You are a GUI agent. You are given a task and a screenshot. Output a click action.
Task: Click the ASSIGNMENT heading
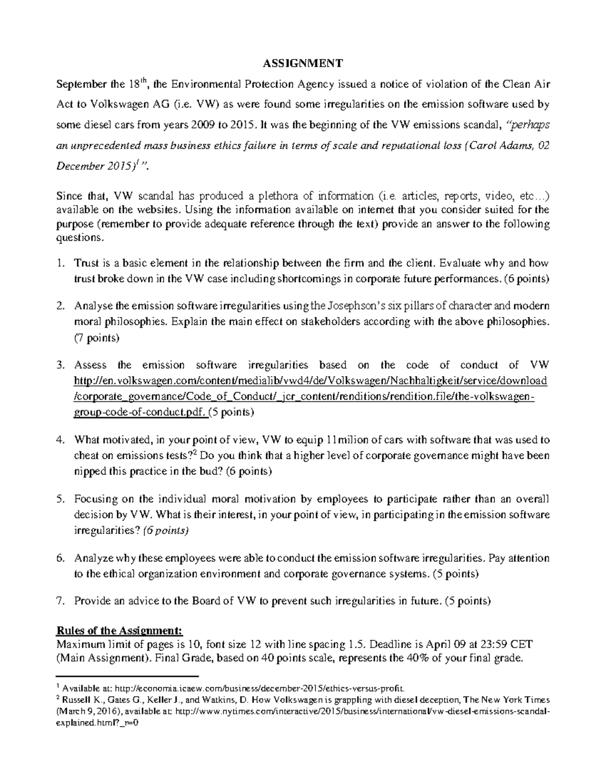click(x=303, y=63)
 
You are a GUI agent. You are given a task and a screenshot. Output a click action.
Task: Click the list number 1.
click(x=61, y=263)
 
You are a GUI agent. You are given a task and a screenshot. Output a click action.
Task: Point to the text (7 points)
click(x=96, y=338)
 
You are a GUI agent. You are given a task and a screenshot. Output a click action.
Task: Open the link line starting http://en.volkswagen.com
click(x=310, y=380)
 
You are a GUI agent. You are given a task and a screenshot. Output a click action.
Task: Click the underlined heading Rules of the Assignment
click(x=120, y=631)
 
